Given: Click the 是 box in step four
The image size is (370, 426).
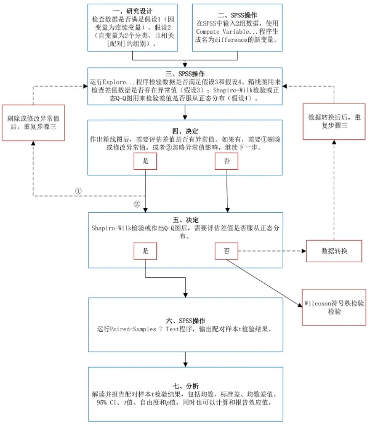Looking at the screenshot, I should click(x=145, y=161).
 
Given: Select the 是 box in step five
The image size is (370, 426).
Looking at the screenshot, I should click(x=145, y=251).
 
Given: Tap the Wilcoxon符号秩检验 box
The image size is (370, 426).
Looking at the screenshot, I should click(x=333, y=308).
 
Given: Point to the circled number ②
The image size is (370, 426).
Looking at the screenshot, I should click(x=137, y=204).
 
